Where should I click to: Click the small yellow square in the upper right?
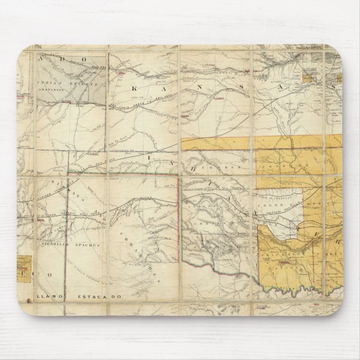[310, 71]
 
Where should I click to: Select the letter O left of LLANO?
[49, 275]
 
